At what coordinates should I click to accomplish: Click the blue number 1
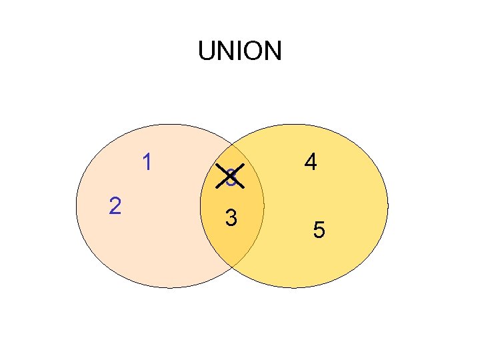point(147,162)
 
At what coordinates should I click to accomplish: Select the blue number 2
point(115,206)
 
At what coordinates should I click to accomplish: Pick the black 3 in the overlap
point(231,218)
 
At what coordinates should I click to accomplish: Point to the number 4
point(310,162)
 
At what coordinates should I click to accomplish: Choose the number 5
point(319,231)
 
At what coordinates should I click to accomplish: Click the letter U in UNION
point(207,51)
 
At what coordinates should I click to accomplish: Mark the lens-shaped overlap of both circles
point(232,200)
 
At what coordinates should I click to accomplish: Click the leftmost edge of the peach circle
point(76,206)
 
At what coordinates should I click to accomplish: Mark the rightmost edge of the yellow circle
point(388,206)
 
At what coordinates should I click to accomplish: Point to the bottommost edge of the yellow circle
point(294,288)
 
